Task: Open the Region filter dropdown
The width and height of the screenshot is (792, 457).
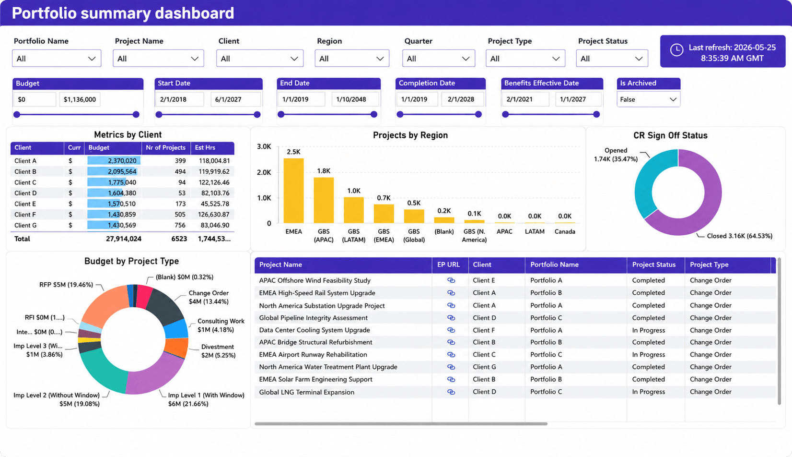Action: click(352, 59)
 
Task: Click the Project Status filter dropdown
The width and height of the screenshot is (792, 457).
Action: click(612, 59)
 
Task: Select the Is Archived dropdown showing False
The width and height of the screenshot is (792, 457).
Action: click(648, 99)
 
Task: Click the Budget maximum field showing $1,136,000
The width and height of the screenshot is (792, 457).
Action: click(80, 99)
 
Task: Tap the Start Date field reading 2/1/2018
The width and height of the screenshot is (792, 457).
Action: click(180, 99)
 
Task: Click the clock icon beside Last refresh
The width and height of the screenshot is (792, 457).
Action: click(677, 50)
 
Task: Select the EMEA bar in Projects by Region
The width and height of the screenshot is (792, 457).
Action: click(293, 191)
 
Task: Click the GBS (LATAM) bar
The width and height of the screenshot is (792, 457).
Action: click(354, 210)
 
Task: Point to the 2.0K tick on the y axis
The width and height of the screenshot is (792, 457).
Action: click(264, 172)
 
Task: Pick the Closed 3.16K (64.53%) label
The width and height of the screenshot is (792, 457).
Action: click(739, 236)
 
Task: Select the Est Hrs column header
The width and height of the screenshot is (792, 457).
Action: click(205, 148)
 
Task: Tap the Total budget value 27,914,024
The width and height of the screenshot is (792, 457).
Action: click(123, 239)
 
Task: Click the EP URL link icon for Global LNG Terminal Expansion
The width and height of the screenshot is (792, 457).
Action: click(451, 392)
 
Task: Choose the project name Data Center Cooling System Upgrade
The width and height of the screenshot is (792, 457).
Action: click(314, 330)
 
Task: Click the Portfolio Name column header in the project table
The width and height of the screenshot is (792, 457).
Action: click(554, 265)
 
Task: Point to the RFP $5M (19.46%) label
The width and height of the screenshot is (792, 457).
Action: click(66, 285)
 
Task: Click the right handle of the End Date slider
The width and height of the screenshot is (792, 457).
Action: click(374, 114)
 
